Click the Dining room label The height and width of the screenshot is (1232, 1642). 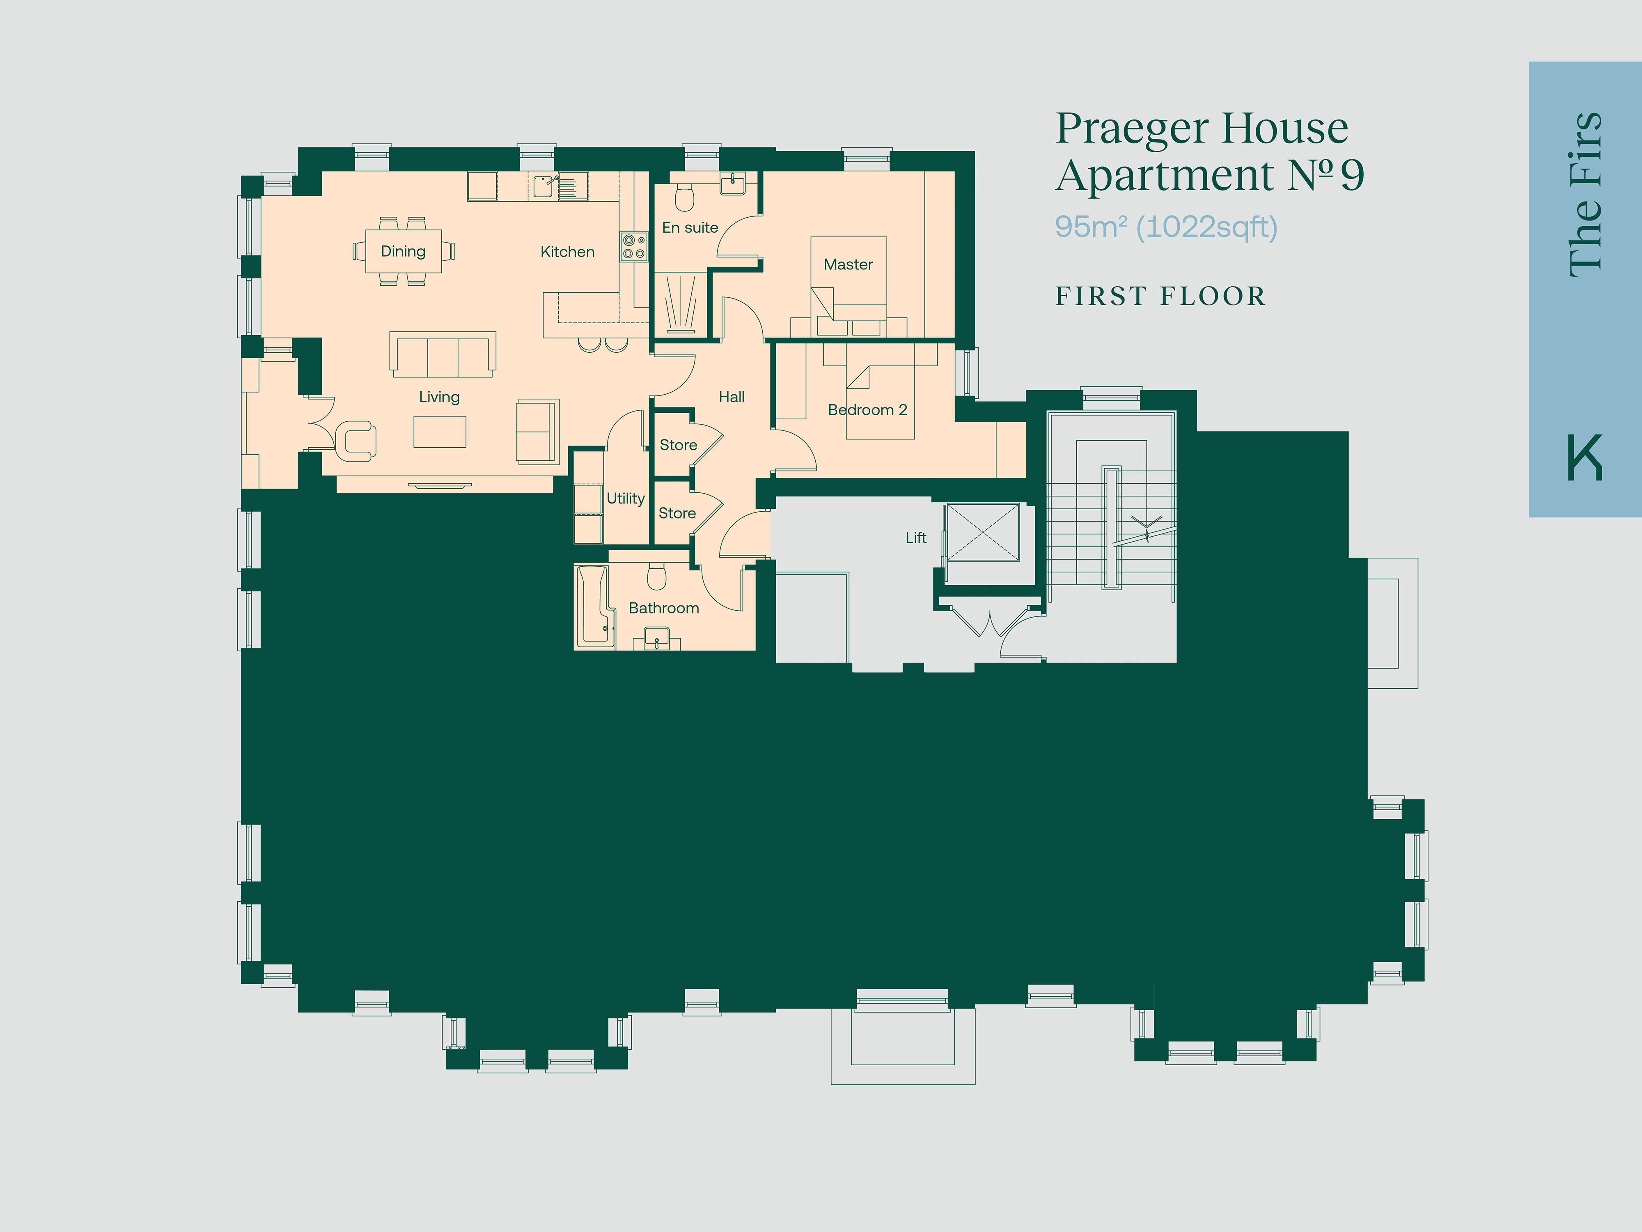point(403,252)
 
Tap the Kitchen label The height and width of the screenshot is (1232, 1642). point(567,252)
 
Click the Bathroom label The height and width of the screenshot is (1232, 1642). point(664,608)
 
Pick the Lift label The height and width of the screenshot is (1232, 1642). point(915,538)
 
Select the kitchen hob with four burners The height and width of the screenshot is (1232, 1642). point(633,246)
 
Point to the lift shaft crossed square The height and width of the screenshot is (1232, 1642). point(983,532)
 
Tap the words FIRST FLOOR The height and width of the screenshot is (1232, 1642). point(1160,297)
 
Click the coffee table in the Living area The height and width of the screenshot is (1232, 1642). point(440,432)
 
